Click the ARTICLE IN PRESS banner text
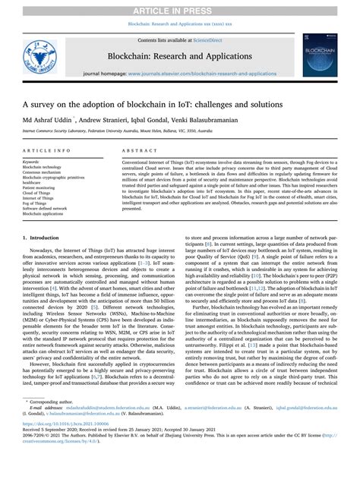pyautogui.click(x=180, y=10)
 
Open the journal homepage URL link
pyautogui.click(x=202, y=74)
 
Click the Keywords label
pyautogui.click(x=32, y=162)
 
